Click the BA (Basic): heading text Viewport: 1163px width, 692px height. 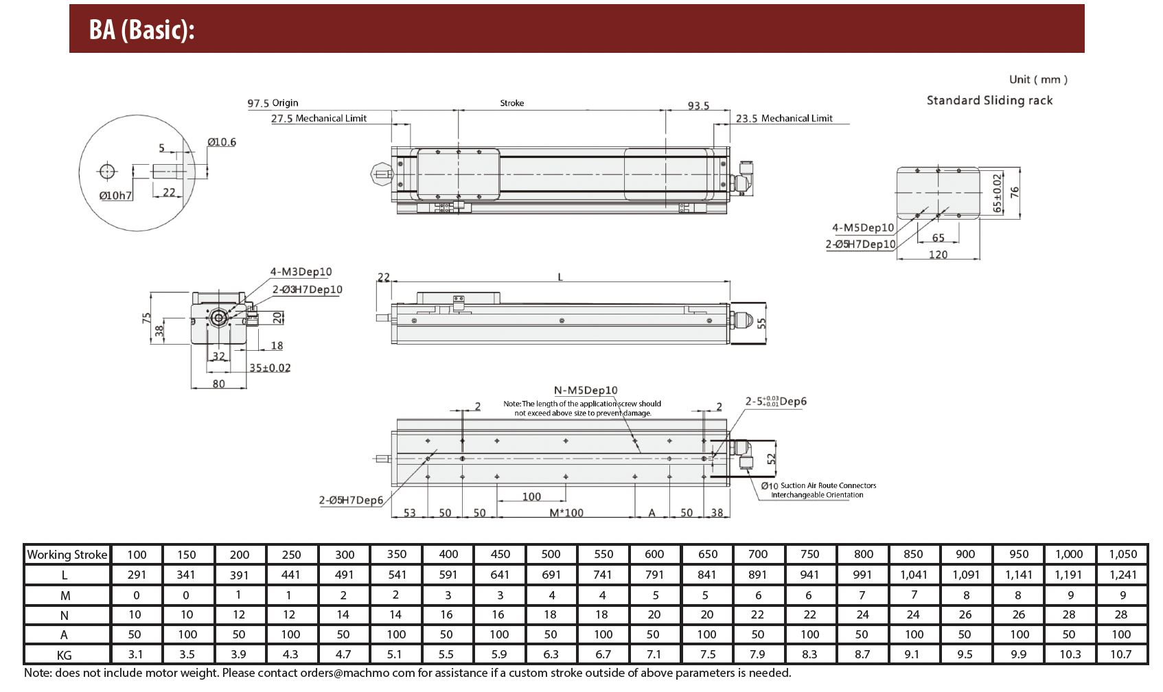point(141,30)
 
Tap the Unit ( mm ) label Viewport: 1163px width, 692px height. point(1038,80)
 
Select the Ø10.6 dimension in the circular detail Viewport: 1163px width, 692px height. point(222,141)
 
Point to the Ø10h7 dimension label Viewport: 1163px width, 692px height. point(115,196)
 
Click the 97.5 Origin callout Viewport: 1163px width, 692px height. point(273,103)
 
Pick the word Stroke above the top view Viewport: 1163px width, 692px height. point(512,103)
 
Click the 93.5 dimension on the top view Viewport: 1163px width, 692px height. point(698,106)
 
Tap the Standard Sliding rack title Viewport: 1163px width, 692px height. point(989,100)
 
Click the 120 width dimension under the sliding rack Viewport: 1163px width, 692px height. point(939,255)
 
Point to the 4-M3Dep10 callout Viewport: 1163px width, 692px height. point(301,271)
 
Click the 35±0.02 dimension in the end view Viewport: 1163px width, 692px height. point(270,367)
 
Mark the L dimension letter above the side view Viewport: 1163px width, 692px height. point(560,277)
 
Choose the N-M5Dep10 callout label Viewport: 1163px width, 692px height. point(586,390)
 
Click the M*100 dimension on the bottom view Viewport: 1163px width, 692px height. point(566,512)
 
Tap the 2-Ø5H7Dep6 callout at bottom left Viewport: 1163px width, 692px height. point(351,500)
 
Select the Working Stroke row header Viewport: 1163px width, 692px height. point(67,555)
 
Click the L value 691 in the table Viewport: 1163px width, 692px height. point(551,575)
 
